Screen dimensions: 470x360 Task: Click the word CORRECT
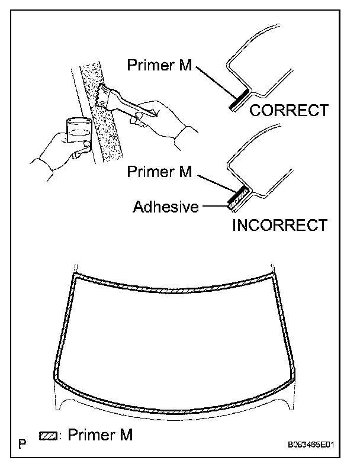pos(288,110)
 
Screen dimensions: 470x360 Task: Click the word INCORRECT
pos(280,225)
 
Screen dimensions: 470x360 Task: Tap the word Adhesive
pos(165,207)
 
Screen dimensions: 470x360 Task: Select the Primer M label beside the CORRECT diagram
pos(159,65)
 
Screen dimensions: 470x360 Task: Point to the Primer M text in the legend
pos(100,435)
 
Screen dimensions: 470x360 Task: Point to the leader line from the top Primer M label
pos(214,79)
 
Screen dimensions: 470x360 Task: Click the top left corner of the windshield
pos(75,276)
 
